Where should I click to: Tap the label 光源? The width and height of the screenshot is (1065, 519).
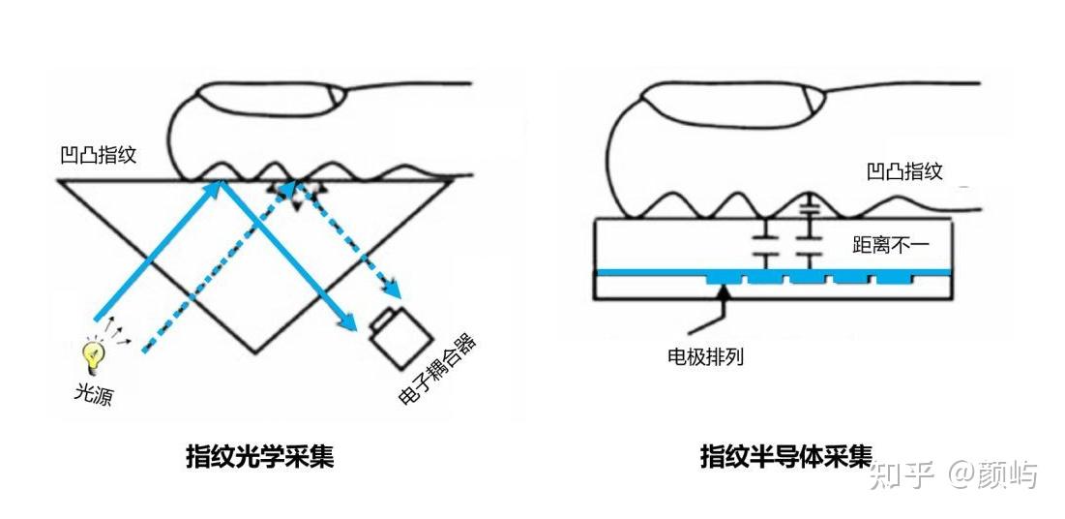[94, 394]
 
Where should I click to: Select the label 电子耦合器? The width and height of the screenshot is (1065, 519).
[440, 372]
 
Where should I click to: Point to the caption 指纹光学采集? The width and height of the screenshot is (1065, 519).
[259, 456]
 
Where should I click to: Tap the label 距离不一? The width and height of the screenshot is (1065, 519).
[890, 245]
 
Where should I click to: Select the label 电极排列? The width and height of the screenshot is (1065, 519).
[705, 355]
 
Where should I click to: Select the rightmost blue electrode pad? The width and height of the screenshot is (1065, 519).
[895, 278]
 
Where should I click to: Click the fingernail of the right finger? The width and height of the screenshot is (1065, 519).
[814, 97]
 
